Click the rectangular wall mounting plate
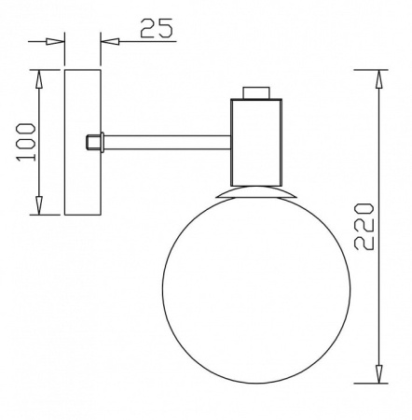pos(82,141)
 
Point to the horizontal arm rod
pos(168,142)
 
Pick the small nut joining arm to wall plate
pos(93,142)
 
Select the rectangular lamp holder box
pos(257,141)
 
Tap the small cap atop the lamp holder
pos(257,93)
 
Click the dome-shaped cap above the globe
pos(257,191)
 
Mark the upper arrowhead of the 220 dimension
pos(378,80)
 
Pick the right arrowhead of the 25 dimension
pos(109,41)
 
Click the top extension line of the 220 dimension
pos(368,69)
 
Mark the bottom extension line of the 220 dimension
pos(368,383)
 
